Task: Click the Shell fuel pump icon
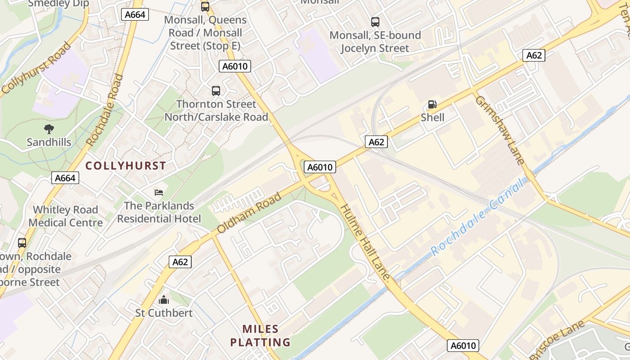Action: pos(432,104)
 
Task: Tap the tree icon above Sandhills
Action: pos(49,130)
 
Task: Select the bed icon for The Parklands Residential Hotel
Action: pos(159,193)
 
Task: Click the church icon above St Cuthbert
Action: pos(164,299)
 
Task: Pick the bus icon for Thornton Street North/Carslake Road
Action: pos(216,91)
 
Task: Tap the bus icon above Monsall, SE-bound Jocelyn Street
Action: pos(375,22)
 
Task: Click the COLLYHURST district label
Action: pos(126,166)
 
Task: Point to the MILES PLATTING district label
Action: pos(260,336)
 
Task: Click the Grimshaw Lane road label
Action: pos(499,130)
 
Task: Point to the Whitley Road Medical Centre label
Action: pos(65,216)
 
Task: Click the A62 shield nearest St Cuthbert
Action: pos(180,262)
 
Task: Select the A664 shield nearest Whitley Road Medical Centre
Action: pos(65,178)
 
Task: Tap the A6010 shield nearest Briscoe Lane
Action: pos(463,346)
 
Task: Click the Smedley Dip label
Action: pos(58,4)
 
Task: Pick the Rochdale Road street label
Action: pos(104,110)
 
